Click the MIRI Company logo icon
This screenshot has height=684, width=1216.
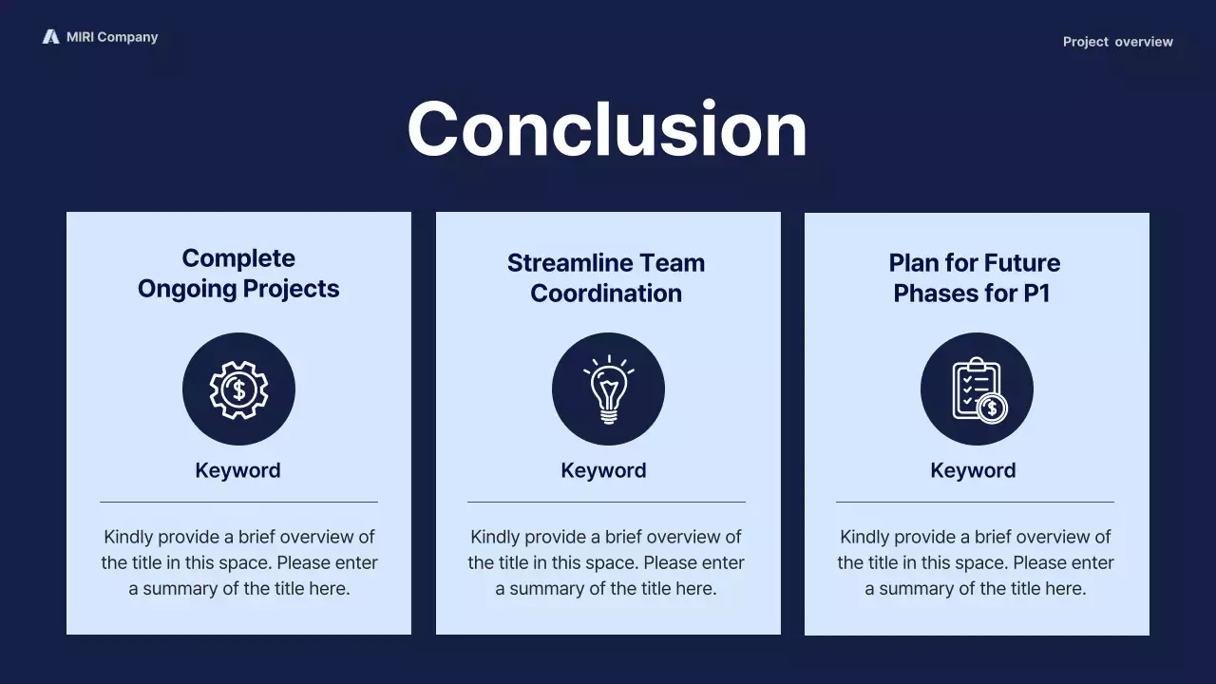[x=50, y=37]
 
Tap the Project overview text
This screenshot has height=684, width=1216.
[x=1117, y=42]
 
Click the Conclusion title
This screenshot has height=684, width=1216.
[x=607, y=129]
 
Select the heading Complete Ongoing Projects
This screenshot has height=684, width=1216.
[x=238, y=274]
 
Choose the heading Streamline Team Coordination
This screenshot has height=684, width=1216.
[x=606, y=278]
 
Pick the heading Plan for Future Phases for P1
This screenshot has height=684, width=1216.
[x=975, y=278]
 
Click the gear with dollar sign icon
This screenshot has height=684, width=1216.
[x=238, y=389]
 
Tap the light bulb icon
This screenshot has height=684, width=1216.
[x=608, y=389]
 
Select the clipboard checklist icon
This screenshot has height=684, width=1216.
[x=977, y=389]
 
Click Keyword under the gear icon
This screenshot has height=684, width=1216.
[x=237, y=470]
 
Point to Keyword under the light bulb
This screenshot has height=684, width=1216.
[x=603, y=470]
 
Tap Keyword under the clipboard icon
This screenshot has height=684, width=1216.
[x=973, y=470]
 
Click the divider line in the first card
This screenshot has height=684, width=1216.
[x=238, y=502]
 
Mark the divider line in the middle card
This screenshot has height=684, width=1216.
[x=606, y=502]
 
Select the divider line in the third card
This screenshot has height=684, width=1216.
[x=975, y=502]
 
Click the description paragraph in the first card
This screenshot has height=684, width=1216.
[x=239, y=562]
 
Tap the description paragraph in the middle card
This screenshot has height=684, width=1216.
[x=606, y=562]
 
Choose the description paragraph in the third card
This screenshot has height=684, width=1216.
[x=976, y=562]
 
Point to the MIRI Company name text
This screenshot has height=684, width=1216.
[x=112, y=37]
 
